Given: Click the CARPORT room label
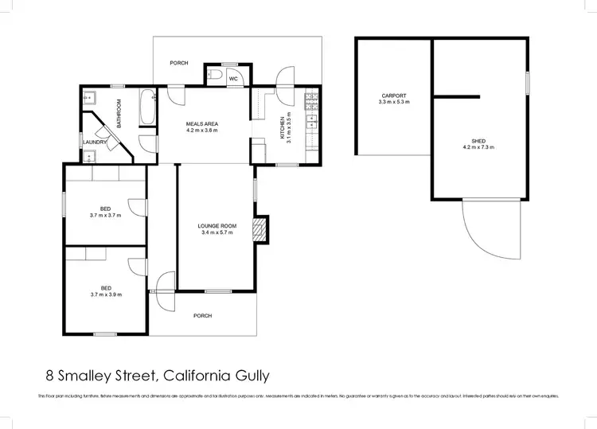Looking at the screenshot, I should pos(394,96).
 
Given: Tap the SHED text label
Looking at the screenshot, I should pos(478,141).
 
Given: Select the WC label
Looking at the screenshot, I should pos(234,79).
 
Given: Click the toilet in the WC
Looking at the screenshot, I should pos(217,76).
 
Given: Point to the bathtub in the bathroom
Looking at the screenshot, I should pos(147,109).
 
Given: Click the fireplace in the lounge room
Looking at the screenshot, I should pos(259,231).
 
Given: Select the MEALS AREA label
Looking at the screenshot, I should pos(202,123).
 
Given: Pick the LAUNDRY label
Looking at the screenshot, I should pos(94,142).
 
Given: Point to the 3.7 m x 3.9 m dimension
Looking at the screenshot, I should pos(105,294).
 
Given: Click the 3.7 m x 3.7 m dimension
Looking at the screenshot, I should pos(105,215).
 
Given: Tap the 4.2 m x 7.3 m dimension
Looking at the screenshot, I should pos(478,147).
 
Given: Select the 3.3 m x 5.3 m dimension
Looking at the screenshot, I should pos(394,102).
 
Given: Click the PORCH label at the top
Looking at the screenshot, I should pos(179,63).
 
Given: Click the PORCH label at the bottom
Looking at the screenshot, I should pos(203,316).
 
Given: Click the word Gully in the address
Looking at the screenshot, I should pos(256,374).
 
